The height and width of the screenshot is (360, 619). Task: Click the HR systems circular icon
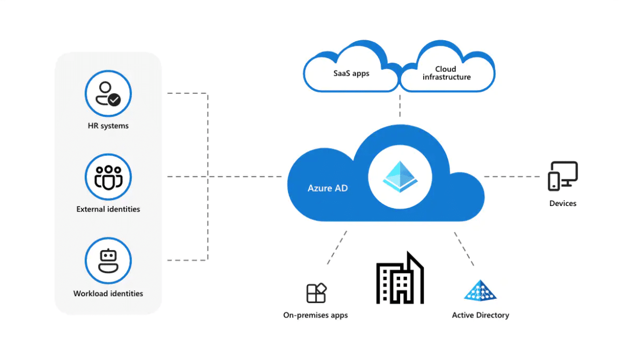tap(108, 93)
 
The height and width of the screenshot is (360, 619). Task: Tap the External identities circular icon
tap(108, 177)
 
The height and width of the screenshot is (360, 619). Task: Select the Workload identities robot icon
tap(108, 261)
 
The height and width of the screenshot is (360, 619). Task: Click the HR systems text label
tap(108, 126)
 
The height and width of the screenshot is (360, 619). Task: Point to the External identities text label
tap(108, 209)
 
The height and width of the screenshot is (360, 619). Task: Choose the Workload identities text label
tap(108, 293)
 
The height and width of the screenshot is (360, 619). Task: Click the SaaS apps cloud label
tap(351, 74)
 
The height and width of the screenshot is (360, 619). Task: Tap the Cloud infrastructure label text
tap(446, 73)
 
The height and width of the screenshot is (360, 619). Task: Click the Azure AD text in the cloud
tap(328, 188)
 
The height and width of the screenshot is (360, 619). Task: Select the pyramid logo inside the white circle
tap(400, 177)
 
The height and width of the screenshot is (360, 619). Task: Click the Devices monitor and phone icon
tap(563, 176)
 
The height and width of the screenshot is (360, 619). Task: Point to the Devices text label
tap(563, 204)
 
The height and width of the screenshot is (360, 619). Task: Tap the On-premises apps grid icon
tap(316, 293)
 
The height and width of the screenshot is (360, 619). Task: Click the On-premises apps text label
tap(315, 315)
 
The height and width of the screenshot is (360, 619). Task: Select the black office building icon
tap(400, 278)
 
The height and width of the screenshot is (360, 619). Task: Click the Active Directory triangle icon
tap(480, 291)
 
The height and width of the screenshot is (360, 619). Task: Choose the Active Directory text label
tap(481, 315)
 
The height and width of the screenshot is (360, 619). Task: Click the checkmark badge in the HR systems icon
tap(114, 100)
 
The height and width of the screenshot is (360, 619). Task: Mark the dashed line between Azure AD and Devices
tap(512, 177)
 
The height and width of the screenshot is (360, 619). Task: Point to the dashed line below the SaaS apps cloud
tap(400, 105)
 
